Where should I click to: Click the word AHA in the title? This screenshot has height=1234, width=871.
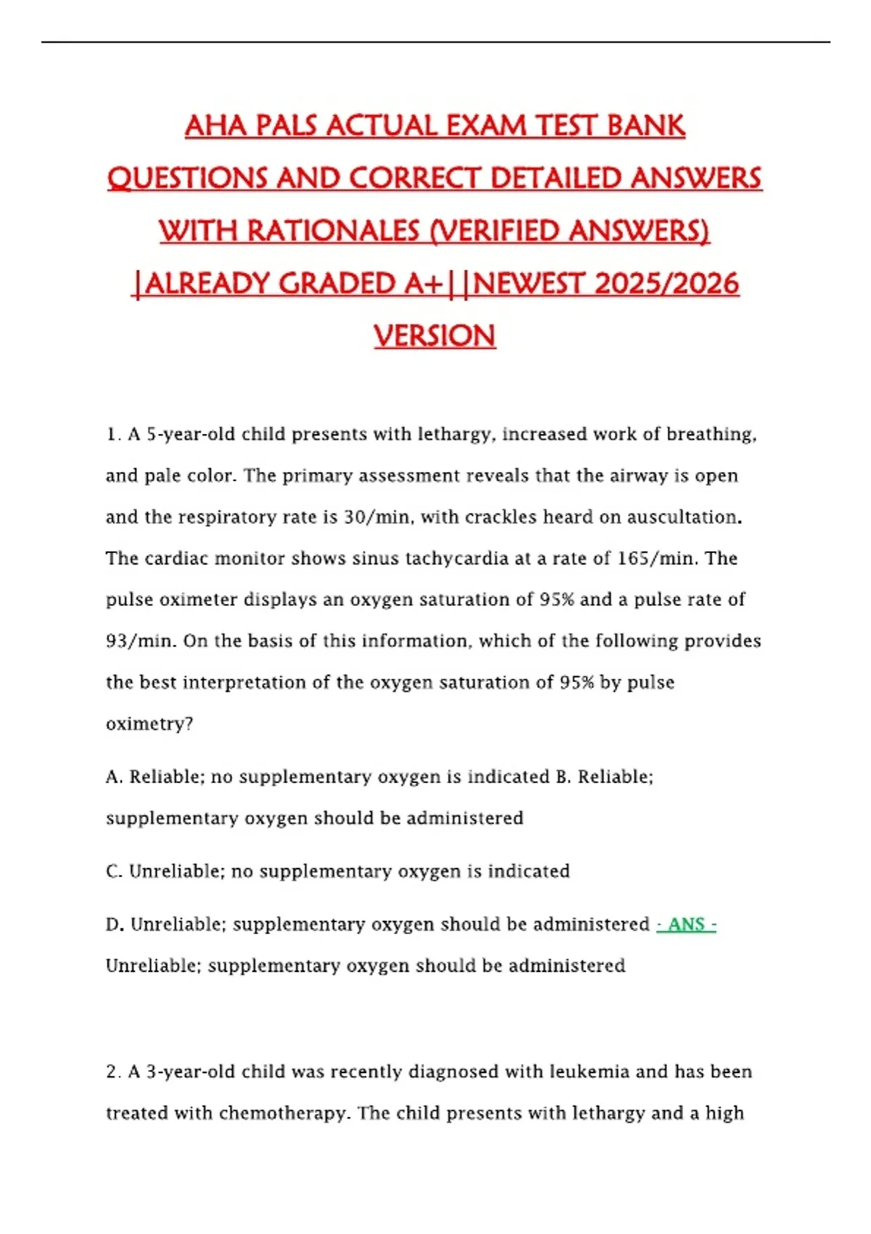click(x=216, y=126)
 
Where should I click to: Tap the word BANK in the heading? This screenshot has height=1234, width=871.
click(x=646, y=126)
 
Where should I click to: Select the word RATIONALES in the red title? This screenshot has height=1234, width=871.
click(x=333, y=232)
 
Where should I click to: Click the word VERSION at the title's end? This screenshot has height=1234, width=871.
click(x=435, y=336)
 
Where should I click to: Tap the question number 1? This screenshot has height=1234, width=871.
click(x=112, y=435)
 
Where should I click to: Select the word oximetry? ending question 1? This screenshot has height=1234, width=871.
click(x=150, y=724)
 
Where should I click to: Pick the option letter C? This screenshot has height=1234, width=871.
click(x=113, y=871)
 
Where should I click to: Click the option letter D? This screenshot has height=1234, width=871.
click(x=113, y=925)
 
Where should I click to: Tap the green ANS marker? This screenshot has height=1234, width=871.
click(x=686, y=925)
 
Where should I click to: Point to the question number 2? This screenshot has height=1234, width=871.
click(x=112, y=1072)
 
